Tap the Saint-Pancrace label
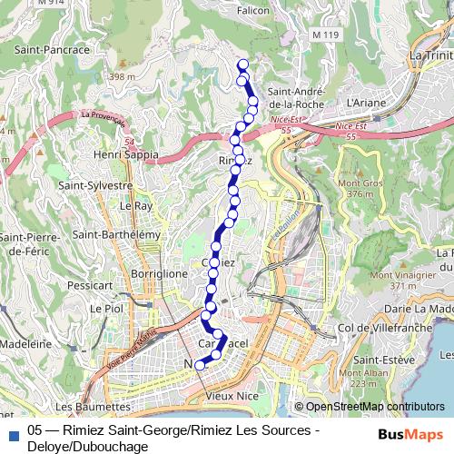click(x=52, y=50)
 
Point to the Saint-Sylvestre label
click(x=95, y=185)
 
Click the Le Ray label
click(x=136, y=206)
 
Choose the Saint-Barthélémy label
click(x=116, y=234)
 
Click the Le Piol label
click(x=107, y=309)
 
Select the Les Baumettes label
click(x=94, y=406)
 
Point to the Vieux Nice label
click(x=232, y=397)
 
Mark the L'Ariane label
click(x=367, y=103)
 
